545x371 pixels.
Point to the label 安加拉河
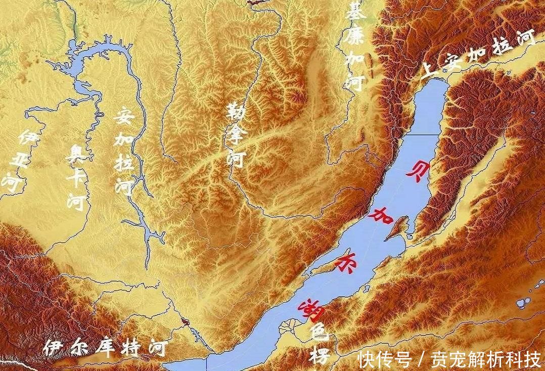pos(123,151)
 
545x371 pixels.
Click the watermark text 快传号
pos(383,359)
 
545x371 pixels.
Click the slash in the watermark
pos(420,359)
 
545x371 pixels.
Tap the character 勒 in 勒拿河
pos(234,113)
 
